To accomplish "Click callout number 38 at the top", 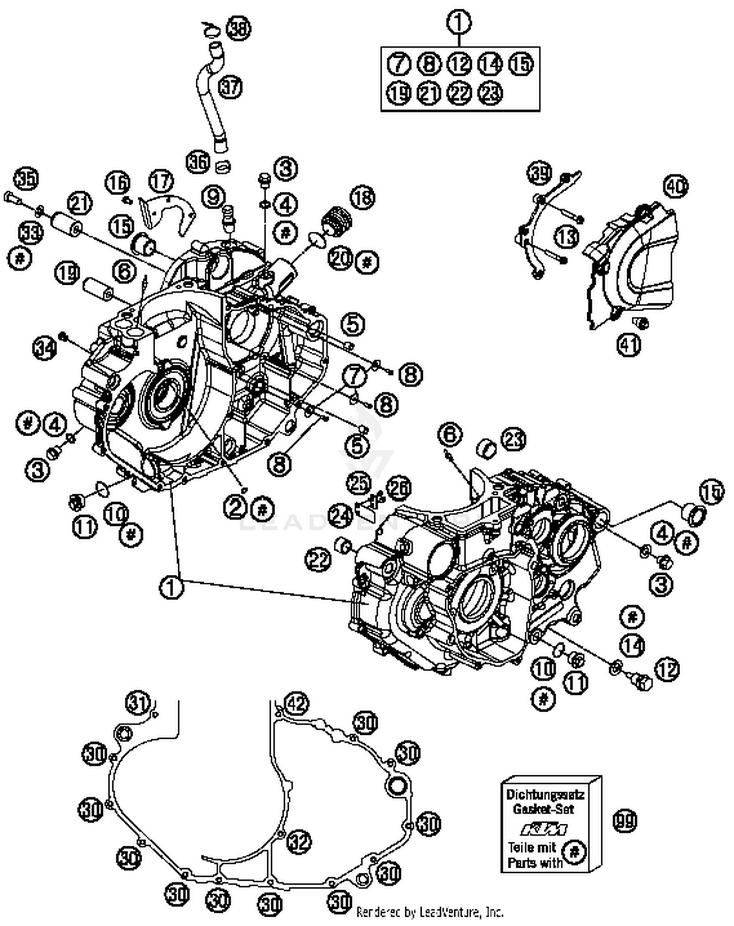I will [x=238, y=28].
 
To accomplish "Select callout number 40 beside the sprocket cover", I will [x=676, y=186].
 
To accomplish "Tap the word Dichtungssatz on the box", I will [x=545, y=794].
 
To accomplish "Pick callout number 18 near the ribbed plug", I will [x=362, y=198].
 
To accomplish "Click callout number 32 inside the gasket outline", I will [x=298, y=841].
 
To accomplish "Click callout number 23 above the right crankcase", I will [x=513, y=439].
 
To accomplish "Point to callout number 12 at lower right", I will [x=667, y=670].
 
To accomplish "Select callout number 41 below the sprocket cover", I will [x=629, y=345].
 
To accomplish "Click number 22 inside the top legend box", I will [x=459, y=93].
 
